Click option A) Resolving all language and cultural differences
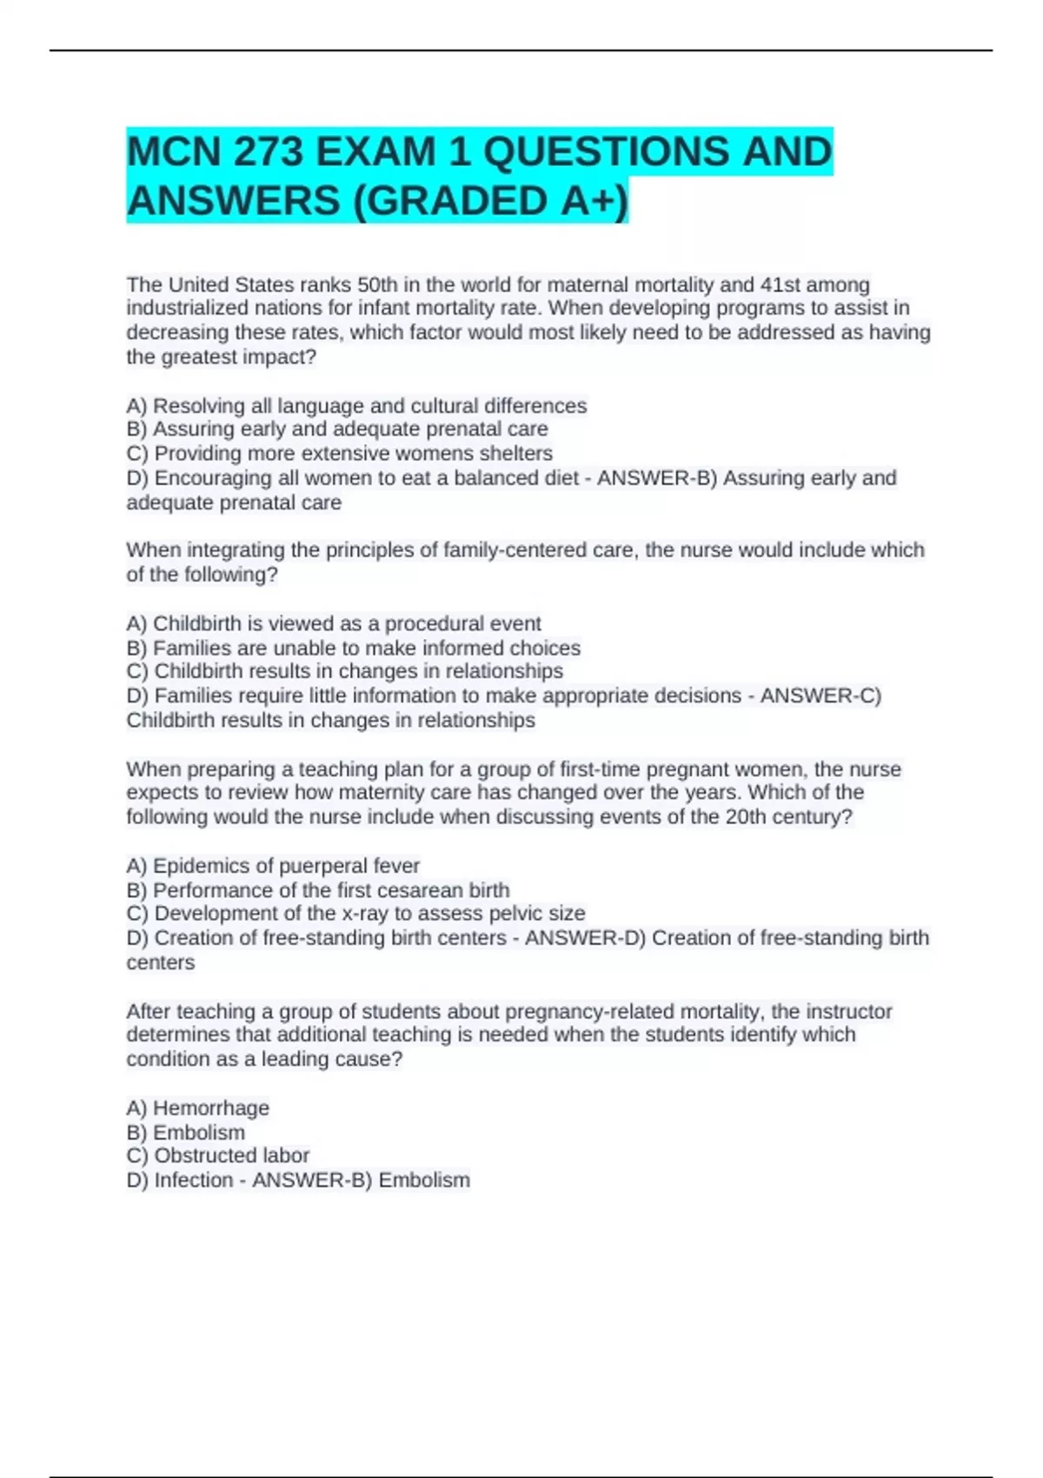tap(356, 406)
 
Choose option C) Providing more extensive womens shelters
tap(339, 453)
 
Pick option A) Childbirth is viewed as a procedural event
tap(334, 623)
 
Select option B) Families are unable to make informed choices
tap(353, 648)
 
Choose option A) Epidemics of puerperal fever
tap(273, 866)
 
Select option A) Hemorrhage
tap(197, 1108)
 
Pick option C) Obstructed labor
tap(217, 1155)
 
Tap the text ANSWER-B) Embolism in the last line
tap(361, 1180)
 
